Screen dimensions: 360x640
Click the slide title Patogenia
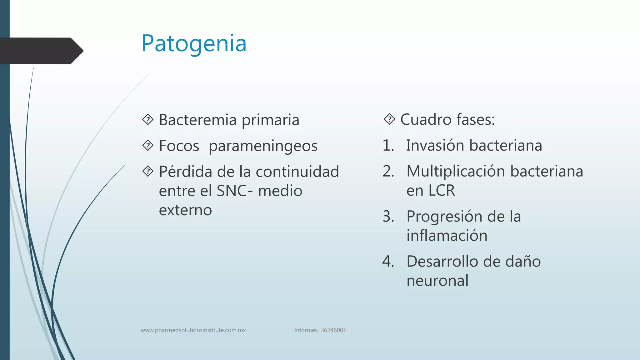click(x=194, y=43)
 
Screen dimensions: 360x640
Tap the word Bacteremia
click(x=197, y=120)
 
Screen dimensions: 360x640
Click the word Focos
click(x=179, y=146)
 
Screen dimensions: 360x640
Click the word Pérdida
click(x=186, y=172)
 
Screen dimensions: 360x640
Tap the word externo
click(x=185, y=210)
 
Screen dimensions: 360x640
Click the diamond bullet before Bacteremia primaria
click(x=148, y=120)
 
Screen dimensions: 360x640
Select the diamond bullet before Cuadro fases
click(x=389, y=119)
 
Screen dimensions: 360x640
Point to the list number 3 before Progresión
click(x=388, y=217)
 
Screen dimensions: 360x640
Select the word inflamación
click(x=447, y=236)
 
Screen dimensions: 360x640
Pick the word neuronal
click(x=437, y=281)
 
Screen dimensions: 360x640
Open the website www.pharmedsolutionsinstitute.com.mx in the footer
click(x=193, y=330)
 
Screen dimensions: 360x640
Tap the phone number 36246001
click(x=333, y=330)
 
